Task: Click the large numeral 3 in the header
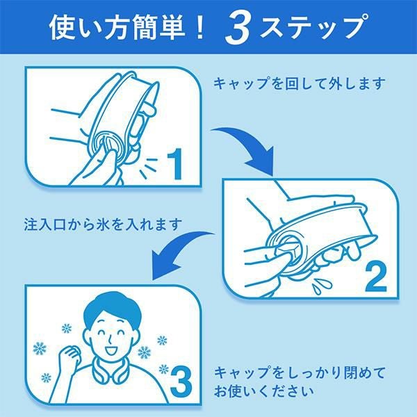tap(238, 29)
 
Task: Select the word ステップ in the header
tap(314, 26)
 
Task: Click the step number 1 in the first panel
tap(175, 163)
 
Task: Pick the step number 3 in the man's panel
tap(181, 380)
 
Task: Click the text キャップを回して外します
tap(299, 84)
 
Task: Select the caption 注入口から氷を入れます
tap(103, 224)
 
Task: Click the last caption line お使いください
tap(264, 391)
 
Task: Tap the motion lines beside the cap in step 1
tap(149, 167)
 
